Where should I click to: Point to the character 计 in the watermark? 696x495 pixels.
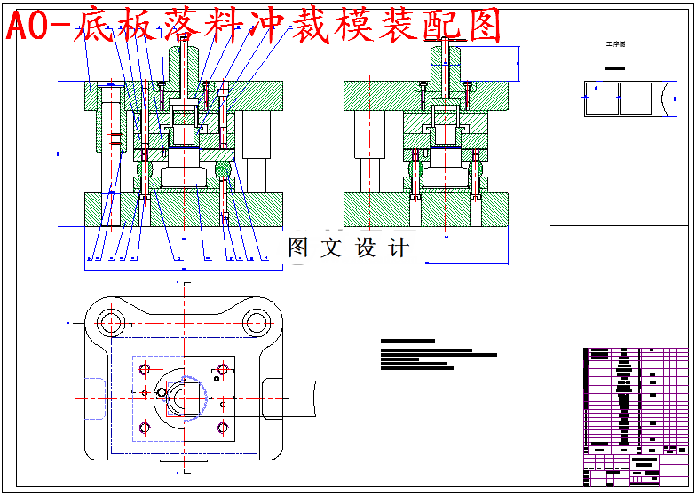tap(400, 247)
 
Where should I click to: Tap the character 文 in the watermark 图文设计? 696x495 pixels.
tap(332, 247)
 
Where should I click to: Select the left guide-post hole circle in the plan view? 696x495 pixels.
tap(110, 321)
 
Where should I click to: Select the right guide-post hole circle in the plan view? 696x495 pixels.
tap(257, 321)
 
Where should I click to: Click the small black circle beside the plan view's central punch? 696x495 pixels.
tap(162, 391)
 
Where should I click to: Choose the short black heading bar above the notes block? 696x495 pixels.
tap(407, 341)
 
